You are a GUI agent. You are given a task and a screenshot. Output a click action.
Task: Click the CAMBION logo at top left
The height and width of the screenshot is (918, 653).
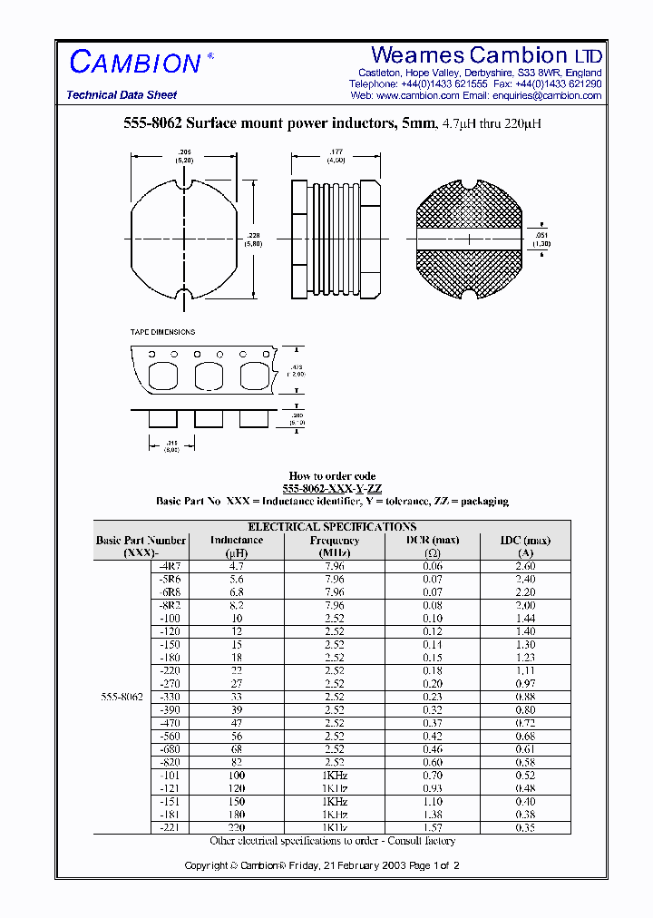[135, 62]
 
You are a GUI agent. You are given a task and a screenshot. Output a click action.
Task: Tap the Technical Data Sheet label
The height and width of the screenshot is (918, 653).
[122, 95]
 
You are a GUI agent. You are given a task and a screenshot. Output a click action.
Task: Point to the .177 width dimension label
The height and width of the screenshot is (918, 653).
[336, 153]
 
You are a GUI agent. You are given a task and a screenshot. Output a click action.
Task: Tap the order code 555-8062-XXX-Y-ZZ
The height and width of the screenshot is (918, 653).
[332, 488]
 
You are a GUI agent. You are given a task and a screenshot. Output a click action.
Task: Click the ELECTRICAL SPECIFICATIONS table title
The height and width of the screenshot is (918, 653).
[332, 526]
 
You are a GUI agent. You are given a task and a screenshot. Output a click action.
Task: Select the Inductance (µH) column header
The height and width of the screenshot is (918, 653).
[237, 546]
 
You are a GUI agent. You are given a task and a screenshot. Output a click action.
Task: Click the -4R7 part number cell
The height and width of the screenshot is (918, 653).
[170, 566]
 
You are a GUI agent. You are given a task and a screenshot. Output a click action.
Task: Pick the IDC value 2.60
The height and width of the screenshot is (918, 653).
[524, 566]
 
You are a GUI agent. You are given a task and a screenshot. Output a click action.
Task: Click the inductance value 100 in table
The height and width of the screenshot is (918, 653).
[237, 776]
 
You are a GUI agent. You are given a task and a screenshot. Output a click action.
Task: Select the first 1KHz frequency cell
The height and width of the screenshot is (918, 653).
[335, 776]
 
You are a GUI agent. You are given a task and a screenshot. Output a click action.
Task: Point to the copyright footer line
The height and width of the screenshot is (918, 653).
[322, 865]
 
